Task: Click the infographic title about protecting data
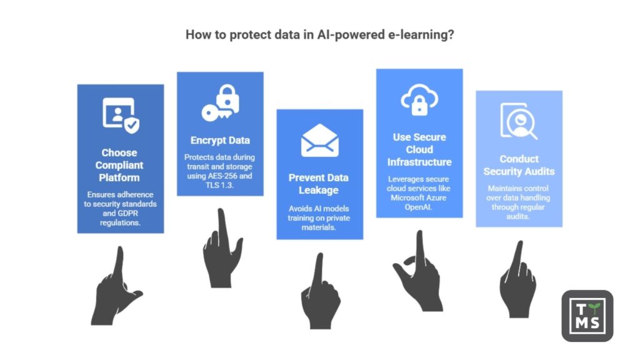[319, 35]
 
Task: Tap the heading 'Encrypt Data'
[219, 140]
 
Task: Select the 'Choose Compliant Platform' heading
[119, 166]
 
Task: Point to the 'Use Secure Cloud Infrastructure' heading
[419, 149]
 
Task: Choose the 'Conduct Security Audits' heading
[518, 165]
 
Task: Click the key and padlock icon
[220, 104]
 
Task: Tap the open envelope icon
[319, 141]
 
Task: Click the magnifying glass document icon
[518, 121]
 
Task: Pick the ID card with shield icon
[121, 116]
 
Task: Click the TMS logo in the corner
[587, 316]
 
